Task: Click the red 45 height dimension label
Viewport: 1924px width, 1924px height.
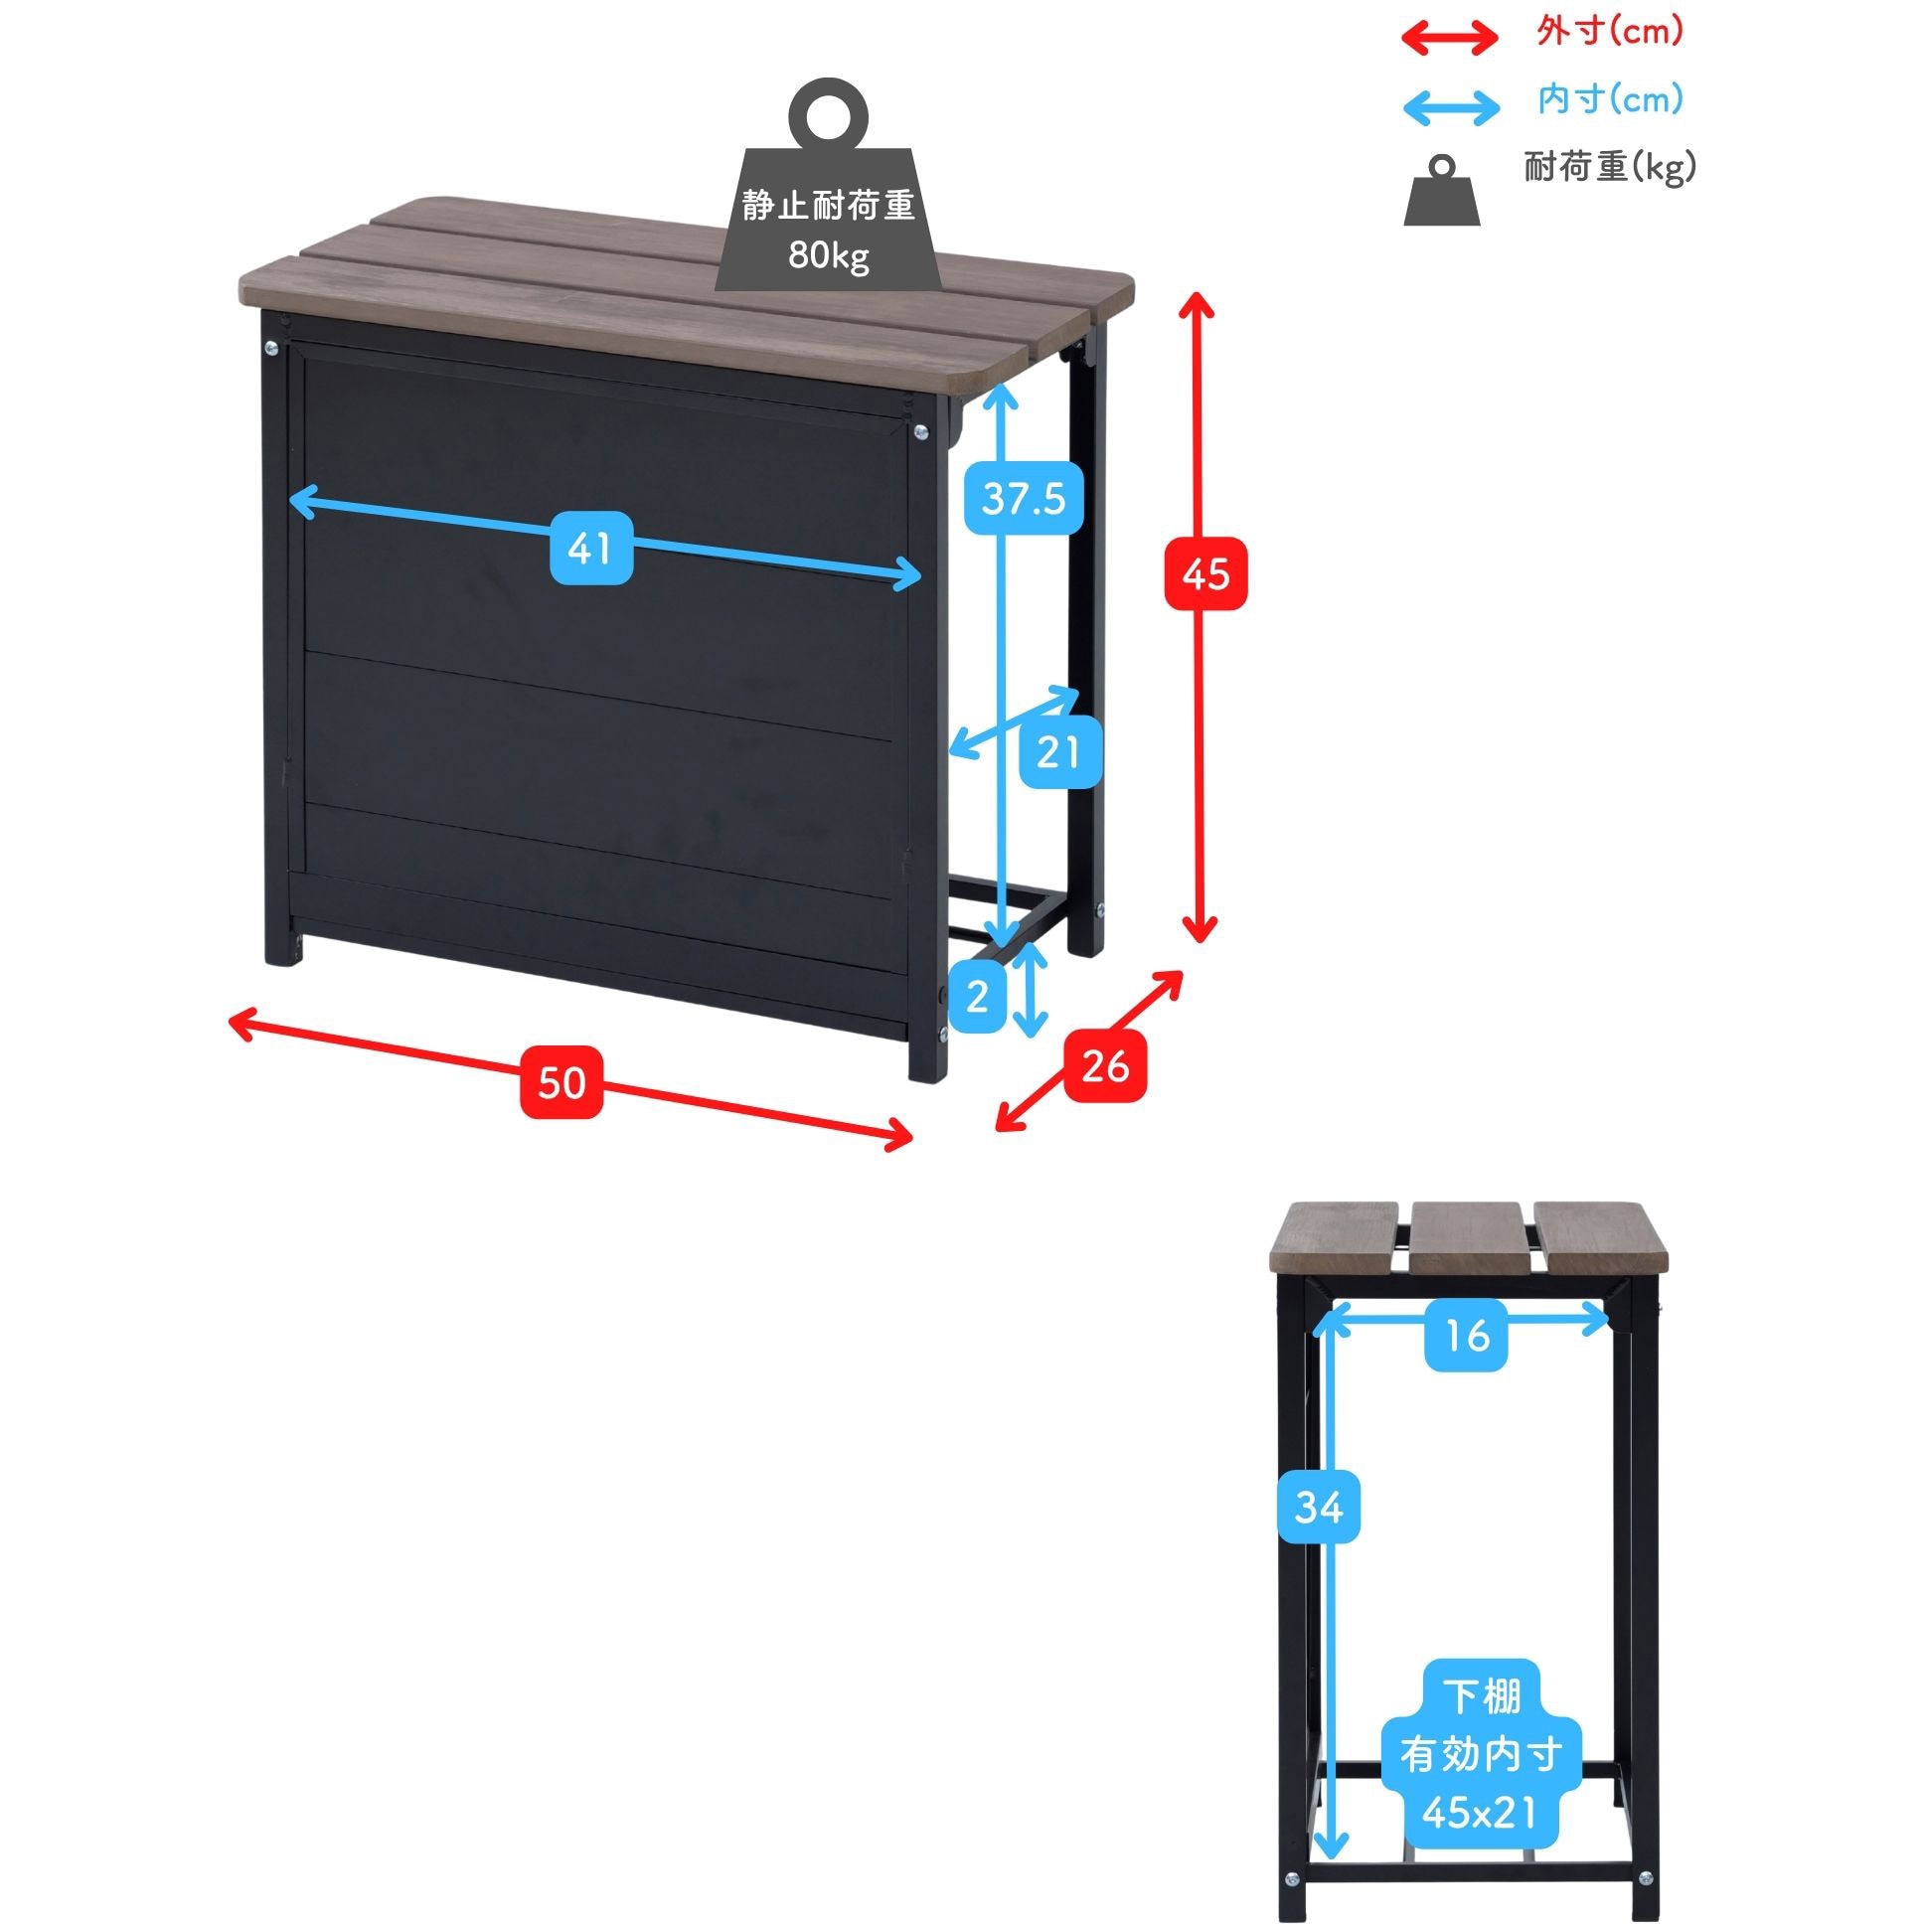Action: tap(1205, 574)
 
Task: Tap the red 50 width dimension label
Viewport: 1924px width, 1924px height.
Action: tap(561, 1082)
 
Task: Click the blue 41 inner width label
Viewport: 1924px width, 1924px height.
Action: tap(591, 548)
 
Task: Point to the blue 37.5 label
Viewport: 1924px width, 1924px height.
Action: tap(1024, 497)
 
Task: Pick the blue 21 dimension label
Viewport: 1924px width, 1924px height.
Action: tap(1057, 753)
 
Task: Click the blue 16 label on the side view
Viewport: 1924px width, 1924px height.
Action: tap(1466, 1337)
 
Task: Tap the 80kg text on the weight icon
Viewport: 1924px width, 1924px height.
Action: tap(829, 256)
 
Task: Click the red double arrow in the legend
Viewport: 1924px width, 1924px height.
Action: tap(1449, 38)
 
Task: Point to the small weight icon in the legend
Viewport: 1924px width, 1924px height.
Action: tap(1441, 191)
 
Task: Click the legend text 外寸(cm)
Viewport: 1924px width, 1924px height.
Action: tap(1609, 32)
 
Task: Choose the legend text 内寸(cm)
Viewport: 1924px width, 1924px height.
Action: tap(1609, 99)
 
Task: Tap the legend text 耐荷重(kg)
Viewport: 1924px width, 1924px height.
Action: tap(1609, 167)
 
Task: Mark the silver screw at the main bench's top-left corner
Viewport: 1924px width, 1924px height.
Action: tap(272, 348)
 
